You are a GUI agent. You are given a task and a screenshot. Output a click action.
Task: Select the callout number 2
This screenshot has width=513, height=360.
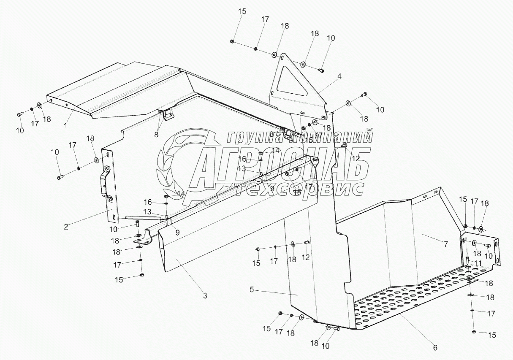pos(66,226)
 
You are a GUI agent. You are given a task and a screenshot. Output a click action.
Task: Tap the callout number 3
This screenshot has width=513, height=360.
pos(205,296)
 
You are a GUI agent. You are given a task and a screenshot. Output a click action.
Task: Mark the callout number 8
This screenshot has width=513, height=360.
pos(157,135)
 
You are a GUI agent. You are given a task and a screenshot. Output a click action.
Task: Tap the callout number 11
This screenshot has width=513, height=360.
pos(478,263)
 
